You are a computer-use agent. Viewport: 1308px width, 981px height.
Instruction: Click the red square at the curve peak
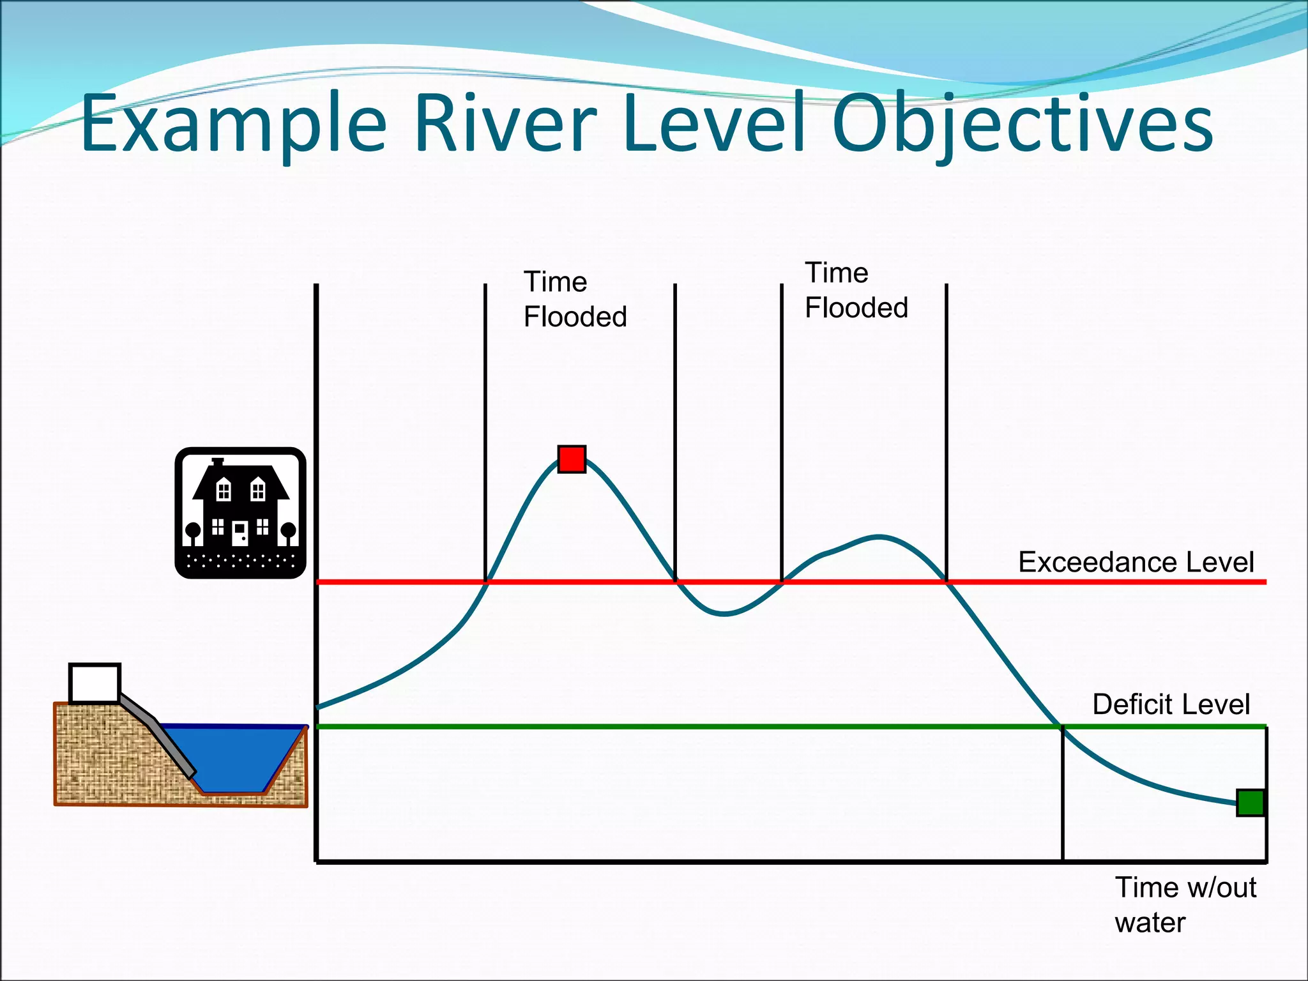(572, 459)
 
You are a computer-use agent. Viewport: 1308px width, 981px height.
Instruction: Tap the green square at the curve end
(1251, 803)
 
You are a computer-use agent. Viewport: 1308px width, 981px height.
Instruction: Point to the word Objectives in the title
(1022, 125)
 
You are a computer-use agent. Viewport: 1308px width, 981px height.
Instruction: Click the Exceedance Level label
(1136, 562)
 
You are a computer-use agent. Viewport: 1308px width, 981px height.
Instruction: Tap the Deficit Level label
(1171, 704)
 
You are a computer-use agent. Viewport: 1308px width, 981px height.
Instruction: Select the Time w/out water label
(1185, 904)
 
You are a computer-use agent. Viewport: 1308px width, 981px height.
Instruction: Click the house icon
(240, 513)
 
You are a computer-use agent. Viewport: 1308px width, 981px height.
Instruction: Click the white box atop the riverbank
(95, 683)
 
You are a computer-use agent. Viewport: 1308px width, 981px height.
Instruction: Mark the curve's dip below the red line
(724, 614)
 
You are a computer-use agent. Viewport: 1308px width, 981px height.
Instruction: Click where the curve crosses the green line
(1060, 726)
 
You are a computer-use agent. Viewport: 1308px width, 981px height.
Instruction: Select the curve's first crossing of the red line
(486, 582)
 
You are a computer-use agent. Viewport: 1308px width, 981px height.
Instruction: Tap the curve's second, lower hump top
(879, 536)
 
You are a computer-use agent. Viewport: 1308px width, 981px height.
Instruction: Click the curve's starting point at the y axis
(318, 707)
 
